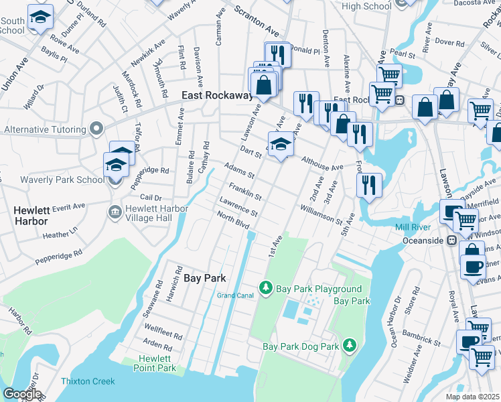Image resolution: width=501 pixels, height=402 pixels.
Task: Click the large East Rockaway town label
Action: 216,96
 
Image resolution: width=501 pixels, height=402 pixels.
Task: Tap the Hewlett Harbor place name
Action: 31,215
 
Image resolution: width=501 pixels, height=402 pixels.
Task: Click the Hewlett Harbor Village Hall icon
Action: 115,212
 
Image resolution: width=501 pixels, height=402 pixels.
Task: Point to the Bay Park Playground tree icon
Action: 266,287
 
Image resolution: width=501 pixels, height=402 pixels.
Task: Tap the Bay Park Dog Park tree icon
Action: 348,345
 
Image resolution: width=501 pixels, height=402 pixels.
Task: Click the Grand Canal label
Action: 234,295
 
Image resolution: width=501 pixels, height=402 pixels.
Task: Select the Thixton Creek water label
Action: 89,381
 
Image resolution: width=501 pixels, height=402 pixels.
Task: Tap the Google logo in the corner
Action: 21,394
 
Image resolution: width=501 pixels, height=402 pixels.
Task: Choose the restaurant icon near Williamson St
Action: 368,184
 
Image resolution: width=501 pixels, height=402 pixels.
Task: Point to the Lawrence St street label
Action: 238,207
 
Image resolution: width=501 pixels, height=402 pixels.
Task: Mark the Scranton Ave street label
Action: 256,22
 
